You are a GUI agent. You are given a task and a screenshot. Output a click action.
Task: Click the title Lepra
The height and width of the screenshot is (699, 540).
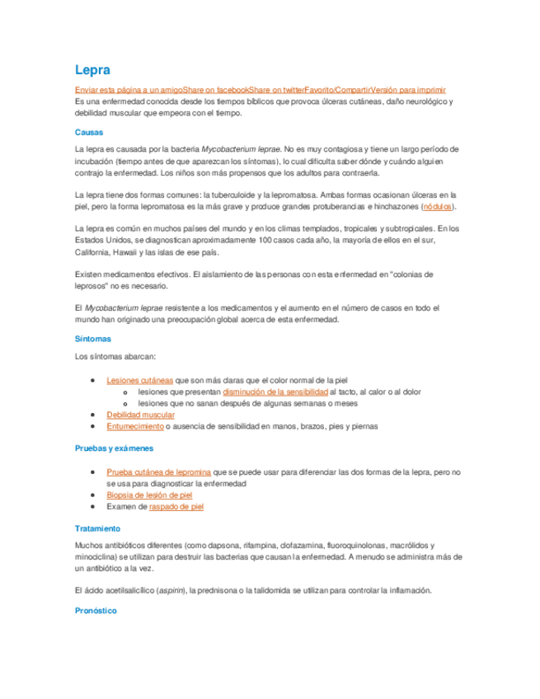(x=92, y=70)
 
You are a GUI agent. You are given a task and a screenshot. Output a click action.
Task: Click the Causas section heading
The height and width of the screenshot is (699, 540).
(x=88, y=132)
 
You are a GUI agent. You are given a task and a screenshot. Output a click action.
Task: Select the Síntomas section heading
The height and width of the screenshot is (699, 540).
(x=92, y=339)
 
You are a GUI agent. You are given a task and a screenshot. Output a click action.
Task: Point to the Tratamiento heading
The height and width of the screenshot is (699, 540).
(x=97, y=528)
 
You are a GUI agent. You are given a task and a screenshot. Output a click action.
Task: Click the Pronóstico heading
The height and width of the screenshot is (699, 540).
(x=95, y=611)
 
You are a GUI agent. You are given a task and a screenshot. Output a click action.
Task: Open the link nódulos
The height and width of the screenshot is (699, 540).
(x=437, y=206)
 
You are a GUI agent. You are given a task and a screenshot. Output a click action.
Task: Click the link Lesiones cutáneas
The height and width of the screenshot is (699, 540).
(x=139, y=381)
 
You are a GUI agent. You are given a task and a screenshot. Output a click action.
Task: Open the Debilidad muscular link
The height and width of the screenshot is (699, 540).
(x=140, y=415)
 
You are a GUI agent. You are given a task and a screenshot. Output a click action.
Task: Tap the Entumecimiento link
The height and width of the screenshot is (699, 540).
(x=134, y=427)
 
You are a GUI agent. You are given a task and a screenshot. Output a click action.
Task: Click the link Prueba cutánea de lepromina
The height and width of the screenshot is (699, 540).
(x=158, y=472)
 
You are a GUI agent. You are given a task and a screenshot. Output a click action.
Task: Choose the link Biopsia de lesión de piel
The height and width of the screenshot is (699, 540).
(x=148, y=495)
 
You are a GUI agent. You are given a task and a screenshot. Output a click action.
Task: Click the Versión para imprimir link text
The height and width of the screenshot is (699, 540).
(x=409, y=89)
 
